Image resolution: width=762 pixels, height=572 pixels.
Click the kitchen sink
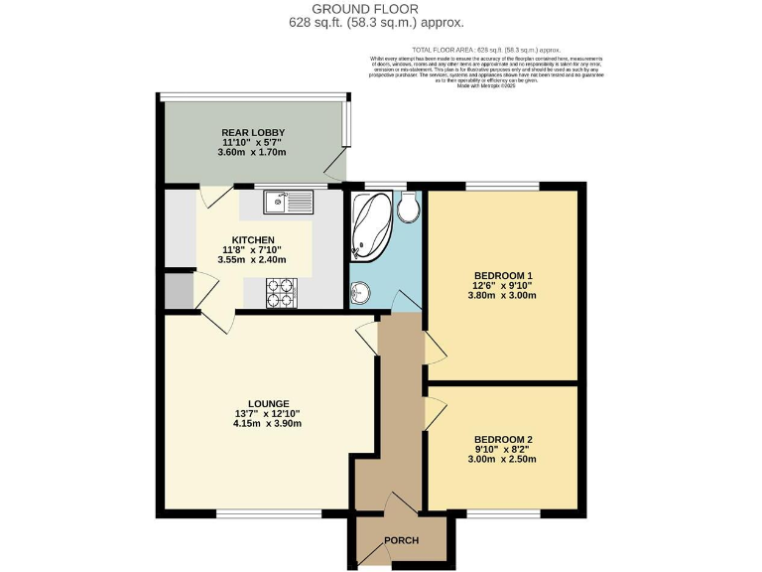[x=288, y=204]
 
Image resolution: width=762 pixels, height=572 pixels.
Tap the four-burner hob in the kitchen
[x=282, y=291]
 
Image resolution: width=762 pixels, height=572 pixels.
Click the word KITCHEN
[x=253, y=240]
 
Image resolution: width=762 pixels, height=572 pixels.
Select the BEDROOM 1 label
[x=503, y=275]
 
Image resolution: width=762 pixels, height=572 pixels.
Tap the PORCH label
[x=402, y=541]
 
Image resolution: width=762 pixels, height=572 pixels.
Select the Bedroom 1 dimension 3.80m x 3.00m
[x=503, y=295]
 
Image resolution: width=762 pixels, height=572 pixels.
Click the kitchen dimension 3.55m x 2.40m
[x=252, y=260]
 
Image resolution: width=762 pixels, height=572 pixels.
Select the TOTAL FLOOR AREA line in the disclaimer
[x=486, y=49]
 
